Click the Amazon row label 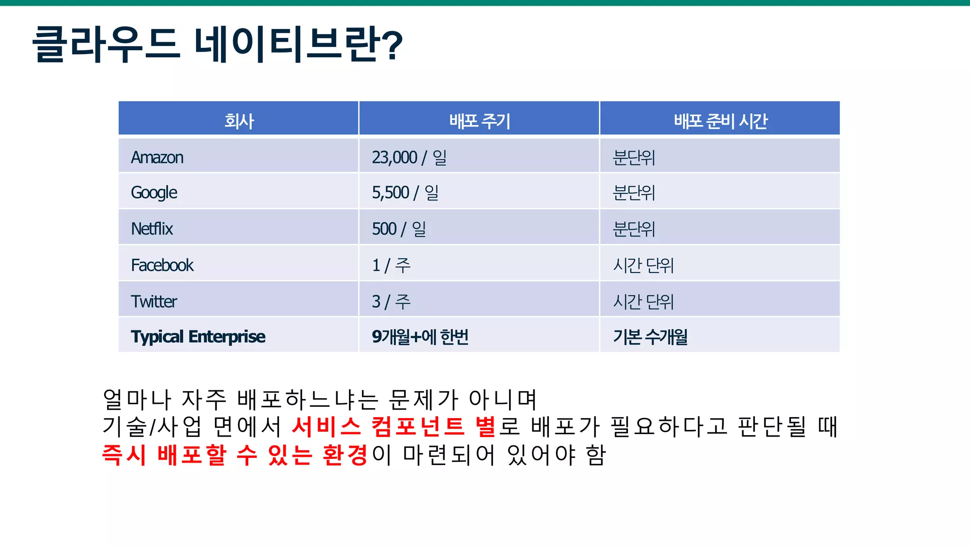157,157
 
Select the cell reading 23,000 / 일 409,157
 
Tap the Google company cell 154,193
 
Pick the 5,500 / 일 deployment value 405,193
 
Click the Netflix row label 152,229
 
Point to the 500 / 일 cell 399,229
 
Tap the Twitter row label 154,301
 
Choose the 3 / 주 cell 391,301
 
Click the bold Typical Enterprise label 198,337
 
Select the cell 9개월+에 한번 420,337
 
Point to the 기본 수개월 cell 650,337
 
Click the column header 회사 239,121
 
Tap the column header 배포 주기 479,121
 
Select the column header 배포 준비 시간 720,121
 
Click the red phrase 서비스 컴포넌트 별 393,426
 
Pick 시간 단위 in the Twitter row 643,301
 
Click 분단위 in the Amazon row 634,157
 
